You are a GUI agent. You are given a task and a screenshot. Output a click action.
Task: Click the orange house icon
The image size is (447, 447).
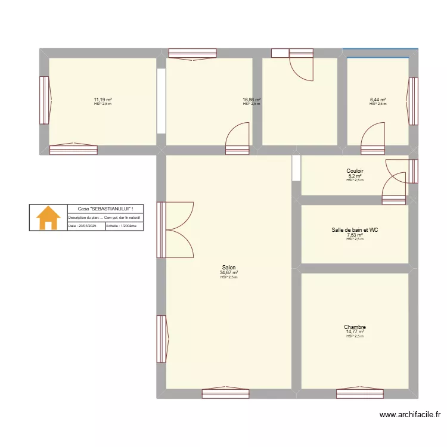(48, 218)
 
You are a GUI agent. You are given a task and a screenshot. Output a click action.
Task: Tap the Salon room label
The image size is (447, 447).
(228, 268)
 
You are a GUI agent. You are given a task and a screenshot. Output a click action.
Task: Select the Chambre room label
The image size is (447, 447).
(355, 327)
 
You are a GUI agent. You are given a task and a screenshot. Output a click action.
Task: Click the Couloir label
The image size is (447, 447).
(355, 171)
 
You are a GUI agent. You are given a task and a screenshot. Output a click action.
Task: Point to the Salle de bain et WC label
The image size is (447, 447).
(355, 229)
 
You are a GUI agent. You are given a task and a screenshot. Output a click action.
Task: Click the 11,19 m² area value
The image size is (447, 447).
(103, 100)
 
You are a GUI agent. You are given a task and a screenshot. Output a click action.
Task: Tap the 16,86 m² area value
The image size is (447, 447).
(252, 100)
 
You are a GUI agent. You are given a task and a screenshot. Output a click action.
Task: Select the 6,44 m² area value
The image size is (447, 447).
(378, 100)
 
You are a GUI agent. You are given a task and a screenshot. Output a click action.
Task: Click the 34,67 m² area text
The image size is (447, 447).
(228, 273)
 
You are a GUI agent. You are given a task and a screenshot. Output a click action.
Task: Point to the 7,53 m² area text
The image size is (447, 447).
(355, 235)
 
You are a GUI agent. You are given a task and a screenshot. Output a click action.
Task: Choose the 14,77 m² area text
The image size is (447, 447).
(355, 332)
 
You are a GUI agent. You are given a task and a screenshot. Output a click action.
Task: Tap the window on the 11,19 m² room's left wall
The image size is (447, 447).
(44, 100)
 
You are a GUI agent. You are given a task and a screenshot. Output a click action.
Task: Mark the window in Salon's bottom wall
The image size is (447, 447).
(225, 394)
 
